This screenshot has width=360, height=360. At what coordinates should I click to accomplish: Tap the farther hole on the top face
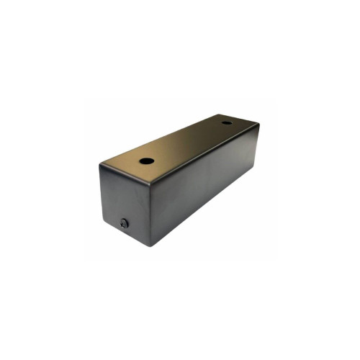[x=227, y=122]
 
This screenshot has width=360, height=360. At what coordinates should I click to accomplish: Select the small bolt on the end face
[x=125, y=224]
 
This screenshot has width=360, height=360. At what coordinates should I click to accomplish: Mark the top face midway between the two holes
[x=186, y=142]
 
